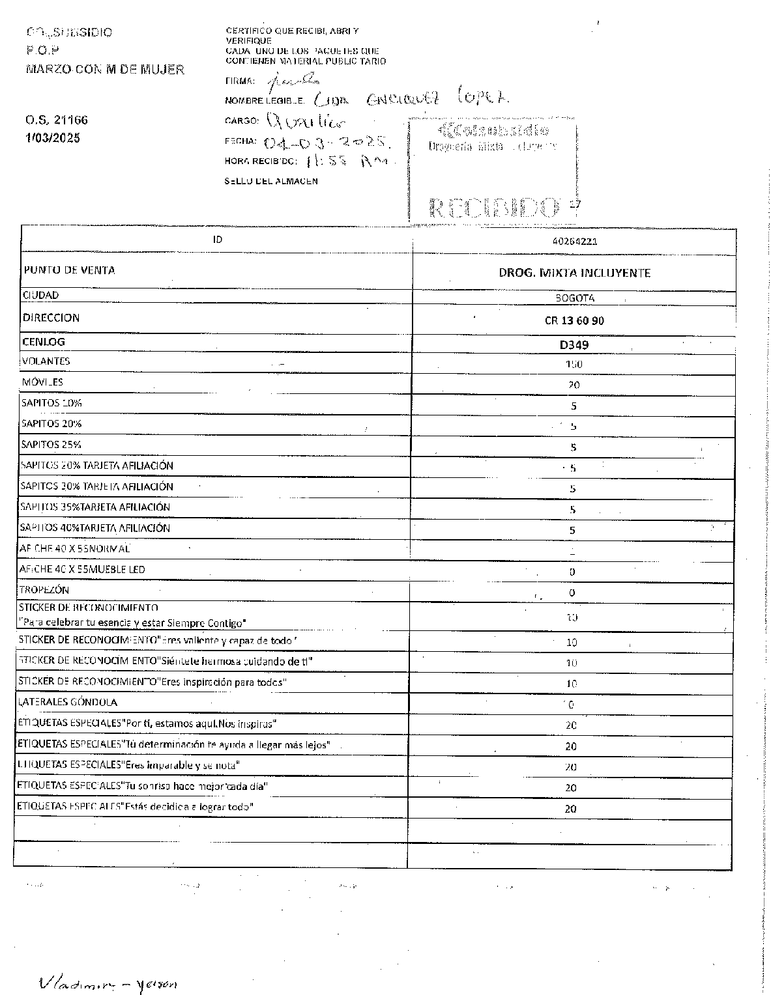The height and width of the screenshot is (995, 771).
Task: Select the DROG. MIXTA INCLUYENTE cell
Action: pos(574,273)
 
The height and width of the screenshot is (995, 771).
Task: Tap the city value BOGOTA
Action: pos(573,298)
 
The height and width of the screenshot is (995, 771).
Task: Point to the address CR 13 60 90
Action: pos(574,320)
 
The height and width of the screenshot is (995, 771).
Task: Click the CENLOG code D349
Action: pos(574,344)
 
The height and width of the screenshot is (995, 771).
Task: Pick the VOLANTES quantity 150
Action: pos(574,365)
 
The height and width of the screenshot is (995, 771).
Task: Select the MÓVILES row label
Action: pos(42,382)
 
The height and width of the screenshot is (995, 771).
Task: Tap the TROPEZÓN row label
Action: pos(44,590)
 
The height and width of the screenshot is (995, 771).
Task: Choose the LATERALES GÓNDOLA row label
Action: pos(68,702)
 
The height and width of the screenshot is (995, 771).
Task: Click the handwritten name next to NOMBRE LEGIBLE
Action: pos(411,98)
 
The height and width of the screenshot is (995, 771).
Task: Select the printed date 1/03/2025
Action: pos(52,138)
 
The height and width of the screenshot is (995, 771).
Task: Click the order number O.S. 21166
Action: pos(56,120)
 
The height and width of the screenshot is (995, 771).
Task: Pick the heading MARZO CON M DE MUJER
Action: pos(104,70)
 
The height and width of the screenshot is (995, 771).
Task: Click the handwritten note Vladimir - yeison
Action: pos(108,983)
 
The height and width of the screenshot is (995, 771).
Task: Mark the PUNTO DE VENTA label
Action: pos(69,270)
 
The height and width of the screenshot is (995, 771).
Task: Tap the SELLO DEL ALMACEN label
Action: pos(271,181)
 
